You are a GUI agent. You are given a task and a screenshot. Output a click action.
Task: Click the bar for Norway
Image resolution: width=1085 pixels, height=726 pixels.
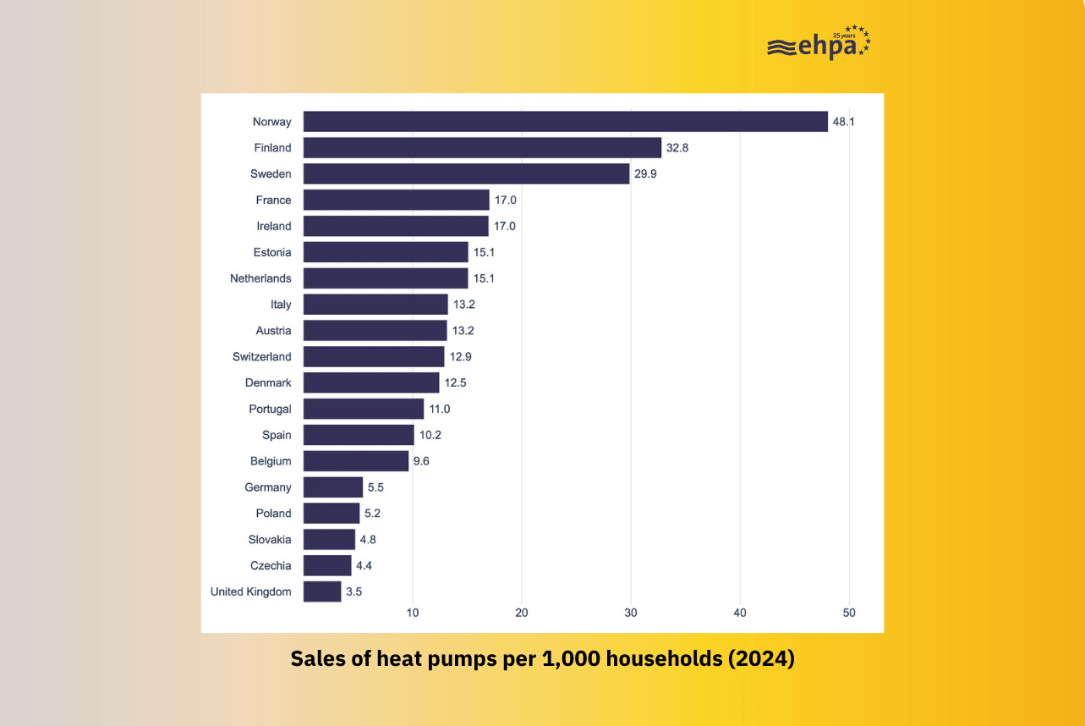pos(565,121)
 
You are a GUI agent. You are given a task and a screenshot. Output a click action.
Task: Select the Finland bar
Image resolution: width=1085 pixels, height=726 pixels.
pos(482,147)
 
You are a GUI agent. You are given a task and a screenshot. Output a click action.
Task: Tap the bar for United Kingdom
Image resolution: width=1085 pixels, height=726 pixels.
pos(322,591)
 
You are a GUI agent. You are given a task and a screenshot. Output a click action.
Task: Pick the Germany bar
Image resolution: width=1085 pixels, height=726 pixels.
pos(333,487)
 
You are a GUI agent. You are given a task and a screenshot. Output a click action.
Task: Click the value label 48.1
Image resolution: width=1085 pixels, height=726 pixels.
pos(844,122)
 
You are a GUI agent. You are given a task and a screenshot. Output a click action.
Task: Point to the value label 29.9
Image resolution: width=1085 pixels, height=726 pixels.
pos(645,174)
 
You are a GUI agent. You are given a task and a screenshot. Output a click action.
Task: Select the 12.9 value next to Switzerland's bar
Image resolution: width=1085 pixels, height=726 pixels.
pos(461,357)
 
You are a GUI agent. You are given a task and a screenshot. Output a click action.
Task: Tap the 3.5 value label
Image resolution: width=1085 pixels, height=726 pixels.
pos(354,592)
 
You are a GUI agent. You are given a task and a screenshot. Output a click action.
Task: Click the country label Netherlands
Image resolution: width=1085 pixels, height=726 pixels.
pos(260,278)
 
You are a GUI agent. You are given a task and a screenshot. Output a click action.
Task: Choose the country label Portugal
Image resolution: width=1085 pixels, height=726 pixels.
pos(270,409)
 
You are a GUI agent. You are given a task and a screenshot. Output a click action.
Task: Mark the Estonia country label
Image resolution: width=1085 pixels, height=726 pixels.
pos(272,252)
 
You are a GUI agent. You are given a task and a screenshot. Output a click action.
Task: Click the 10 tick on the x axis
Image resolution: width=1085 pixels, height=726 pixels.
pos(413,613)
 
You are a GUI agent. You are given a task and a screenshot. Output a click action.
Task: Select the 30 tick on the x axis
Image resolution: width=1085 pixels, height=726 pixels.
pos(631,613)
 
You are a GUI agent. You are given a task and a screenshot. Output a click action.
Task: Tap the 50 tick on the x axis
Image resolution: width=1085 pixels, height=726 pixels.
pos(849,613)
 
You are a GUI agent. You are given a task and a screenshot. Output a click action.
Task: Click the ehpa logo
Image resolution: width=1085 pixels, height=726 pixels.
pos(818,44)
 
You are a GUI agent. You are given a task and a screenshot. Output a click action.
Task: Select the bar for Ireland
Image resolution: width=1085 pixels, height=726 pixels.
pos(396,226)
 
